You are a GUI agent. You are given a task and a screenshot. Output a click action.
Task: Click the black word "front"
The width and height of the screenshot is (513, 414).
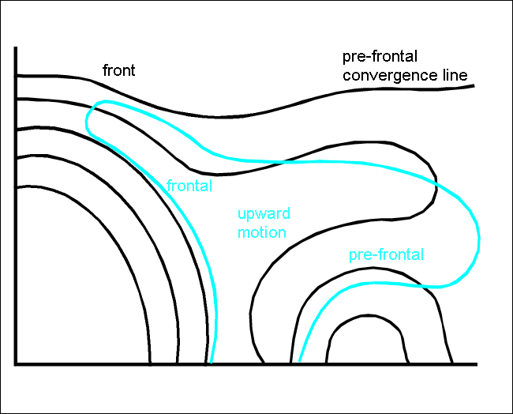click(x=119, y=70)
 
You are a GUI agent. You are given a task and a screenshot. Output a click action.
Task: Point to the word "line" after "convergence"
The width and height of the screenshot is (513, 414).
click(x=455, y=76)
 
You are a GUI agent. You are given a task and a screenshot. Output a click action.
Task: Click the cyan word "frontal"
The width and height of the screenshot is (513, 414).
click(x=190, y=186)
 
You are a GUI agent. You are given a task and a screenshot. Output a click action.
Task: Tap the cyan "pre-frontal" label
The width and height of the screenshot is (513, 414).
click(x=386, y=255)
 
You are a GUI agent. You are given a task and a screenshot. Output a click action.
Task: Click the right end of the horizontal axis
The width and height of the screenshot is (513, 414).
click(x=477, y=364)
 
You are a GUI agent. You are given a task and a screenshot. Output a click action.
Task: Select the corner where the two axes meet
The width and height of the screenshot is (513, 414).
click(x=16, y=364)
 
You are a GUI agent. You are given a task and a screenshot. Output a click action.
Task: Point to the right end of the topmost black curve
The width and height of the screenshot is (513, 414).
click(x=474, y=85)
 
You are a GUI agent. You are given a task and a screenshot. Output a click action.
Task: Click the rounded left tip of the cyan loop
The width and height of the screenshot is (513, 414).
click(x=87, y=119)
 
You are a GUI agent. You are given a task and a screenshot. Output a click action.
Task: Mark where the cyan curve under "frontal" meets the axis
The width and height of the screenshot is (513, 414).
click(x=211, y=363)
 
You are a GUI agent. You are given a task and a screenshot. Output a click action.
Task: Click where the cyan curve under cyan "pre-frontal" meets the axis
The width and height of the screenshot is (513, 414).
click(x=300, y=363)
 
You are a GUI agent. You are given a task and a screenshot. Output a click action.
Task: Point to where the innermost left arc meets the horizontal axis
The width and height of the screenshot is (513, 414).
click(x=150, y=363)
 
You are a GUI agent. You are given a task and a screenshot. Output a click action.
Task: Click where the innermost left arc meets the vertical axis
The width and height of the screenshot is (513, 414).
click(x=17, y=187)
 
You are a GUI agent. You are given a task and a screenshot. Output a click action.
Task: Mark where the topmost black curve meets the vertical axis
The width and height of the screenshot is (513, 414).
click(x=17, y=75)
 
